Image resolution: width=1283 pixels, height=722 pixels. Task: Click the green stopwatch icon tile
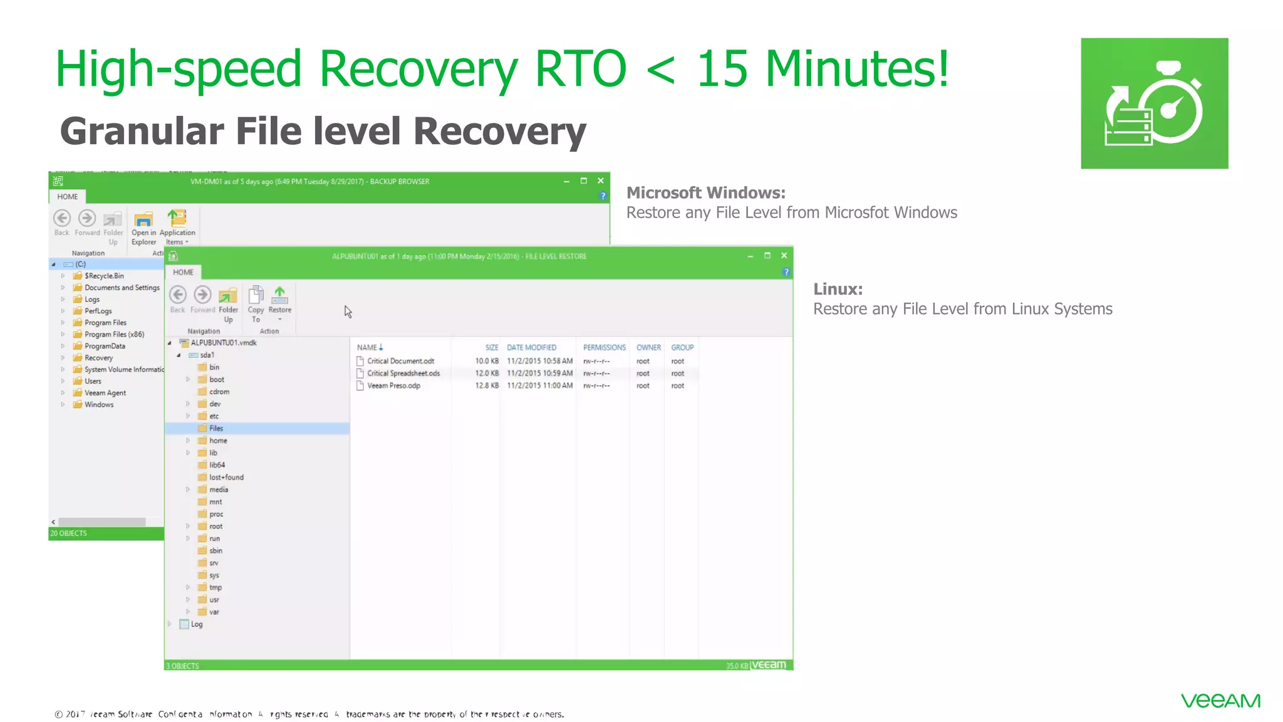[x=1154, y=103]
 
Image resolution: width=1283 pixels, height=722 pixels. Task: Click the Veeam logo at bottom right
[x=1220, y=701]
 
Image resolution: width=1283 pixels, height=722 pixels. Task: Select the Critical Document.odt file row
[x=400, y=361]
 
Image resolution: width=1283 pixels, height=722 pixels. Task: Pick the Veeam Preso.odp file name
[x=393, y=385]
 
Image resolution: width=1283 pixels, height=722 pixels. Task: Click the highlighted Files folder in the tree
[x=216, y=428]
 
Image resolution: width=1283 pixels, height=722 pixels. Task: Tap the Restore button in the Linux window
[x=279, y=301]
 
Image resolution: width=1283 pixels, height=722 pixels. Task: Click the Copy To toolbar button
[x=256, y=303]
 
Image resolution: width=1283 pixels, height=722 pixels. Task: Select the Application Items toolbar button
[x=177, y=227]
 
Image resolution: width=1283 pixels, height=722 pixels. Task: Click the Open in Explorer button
[x=143, y=227]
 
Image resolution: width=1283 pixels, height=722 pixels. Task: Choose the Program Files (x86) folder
[x=114, y=335]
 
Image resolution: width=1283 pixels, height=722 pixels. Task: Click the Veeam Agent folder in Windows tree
[x=105, y=393]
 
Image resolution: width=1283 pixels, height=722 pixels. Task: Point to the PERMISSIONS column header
[x=604, y=347]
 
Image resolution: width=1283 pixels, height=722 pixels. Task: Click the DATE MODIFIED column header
[x=531, y=347]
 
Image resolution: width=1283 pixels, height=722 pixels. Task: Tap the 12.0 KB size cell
[x=487, y=374]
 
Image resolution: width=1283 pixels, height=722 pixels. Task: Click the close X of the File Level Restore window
[x=784, y=256]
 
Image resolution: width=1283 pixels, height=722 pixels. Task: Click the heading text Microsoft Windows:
[x=705, y=192]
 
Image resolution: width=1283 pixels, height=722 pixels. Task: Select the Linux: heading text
[x=838, y=289]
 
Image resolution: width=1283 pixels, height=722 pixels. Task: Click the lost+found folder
[x=226, y=478]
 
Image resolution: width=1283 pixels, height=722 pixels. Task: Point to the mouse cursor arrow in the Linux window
[x=348, y=311]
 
